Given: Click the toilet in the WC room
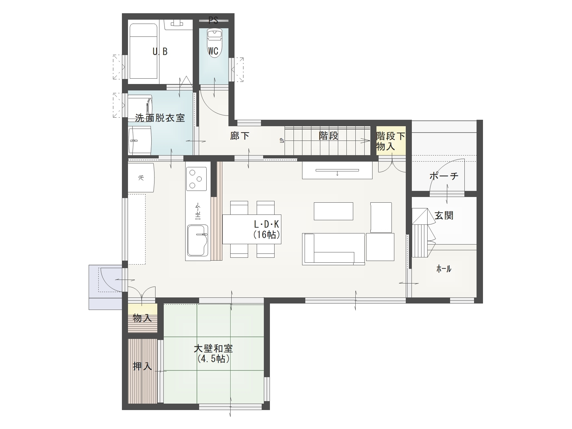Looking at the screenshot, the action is click(214, 43).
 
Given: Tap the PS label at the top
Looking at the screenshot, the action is click(213, 20).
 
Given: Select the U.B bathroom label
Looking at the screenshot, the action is click(160, 51).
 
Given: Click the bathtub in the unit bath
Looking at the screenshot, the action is click(144, 51).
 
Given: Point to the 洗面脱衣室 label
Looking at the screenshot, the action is click(160, 118).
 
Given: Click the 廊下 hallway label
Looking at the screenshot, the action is click(240, 136).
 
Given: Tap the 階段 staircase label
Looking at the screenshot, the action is click(328, 136).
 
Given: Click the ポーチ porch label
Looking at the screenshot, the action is click(444, 176).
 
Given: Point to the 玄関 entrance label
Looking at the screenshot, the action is click(444, 216).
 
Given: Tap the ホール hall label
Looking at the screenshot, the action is click(444, 269).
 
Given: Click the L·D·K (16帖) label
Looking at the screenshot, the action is click(267, 229).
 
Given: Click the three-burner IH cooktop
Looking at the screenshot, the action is click(196, 179).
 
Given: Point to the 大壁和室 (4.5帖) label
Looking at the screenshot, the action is click(213, 354).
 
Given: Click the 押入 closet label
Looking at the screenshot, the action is click(142, 366).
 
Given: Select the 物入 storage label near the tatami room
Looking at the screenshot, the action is click(142, 318).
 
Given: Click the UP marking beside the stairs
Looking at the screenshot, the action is click(281, 140).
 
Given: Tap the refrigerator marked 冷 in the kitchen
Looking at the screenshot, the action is click(141, 178).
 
